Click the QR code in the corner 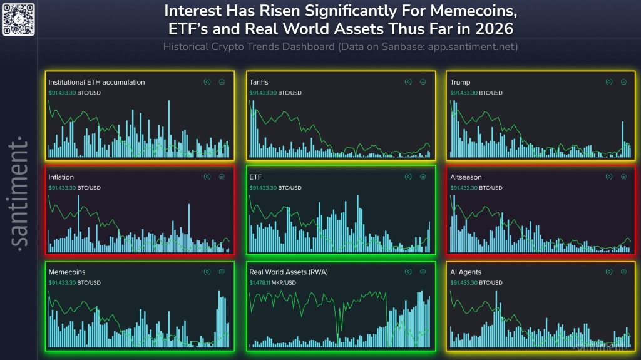click(18, 18)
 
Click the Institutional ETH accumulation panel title click(96, 82)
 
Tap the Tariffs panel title click(260, 82)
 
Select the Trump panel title click(460, 82)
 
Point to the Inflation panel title click(61, 177)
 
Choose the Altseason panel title click(466, 177)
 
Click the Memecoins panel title click(67, 272)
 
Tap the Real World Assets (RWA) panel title click(289, 272)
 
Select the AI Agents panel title click(466, 272)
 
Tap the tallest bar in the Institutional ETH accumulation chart click(169, 128)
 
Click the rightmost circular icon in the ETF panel click(423, 177)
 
